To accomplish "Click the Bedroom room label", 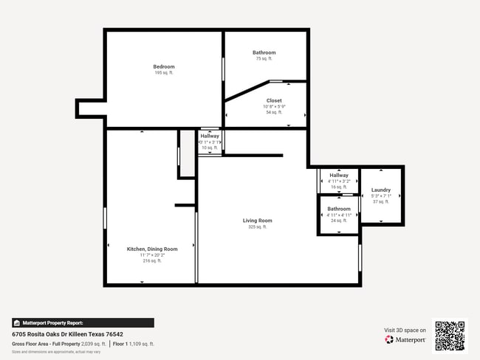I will tap(164, 66).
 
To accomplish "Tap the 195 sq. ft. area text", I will tap(164, 72).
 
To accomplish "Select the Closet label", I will tap(274, 100).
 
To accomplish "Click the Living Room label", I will tap(258, 221).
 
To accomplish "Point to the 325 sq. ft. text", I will tap(258, 227).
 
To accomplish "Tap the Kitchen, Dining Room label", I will tap(152, 249).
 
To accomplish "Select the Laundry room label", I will tap(381, 190).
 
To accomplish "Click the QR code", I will tap(450, 336).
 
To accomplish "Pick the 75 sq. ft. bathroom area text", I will tap(264, 58).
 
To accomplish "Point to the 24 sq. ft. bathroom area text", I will tap(339, 221).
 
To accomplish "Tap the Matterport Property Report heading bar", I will tap(83, 322).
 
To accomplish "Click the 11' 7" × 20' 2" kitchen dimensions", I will tap(152, 255).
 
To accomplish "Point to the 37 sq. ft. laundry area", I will tap(381, 201).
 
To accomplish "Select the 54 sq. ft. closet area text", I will tap(274, 112).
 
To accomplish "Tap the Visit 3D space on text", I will tap(405, 330).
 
